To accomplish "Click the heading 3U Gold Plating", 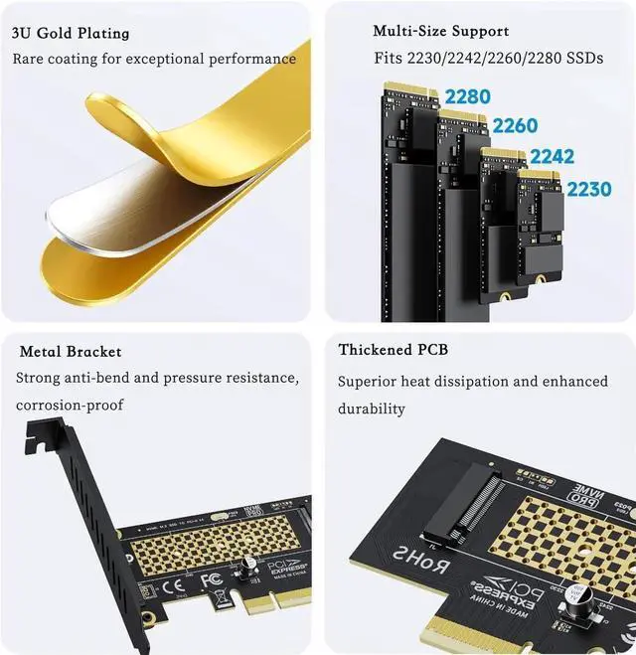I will [71, 33].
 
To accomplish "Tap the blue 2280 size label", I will [466, 97].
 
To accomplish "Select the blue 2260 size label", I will [514, 126].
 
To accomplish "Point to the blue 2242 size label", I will [552, 157].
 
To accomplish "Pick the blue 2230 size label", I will [588, 188].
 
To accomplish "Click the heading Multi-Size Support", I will [441, 32].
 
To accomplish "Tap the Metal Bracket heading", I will [71, 352].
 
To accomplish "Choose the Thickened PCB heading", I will [393, 350].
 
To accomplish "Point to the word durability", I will [372, 409].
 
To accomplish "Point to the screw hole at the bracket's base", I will [148, 616].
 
